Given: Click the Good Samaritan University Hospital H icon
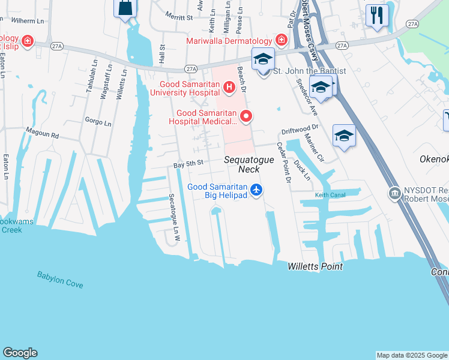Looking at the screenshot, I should click(228, 88).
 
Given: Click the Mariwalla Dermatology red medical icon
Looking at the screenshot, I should click(281, 40).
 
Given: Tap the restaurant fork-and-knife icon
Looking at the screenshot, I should click(376, 14).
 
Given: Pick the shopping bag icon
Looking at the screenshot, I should click(125, 8).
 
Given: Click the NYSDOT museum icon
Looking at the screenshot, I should click(394, 193).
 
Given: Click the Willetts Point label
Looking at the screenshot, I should click(315, 266).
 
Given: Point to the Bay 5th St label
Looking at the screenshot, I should click(189, 163).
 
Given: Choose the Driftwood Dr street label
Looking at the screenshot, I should click(300, 128).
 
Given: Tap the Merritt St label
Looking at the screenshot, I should click(179, 18).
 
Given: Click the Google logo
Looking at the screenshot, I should click(20, 353).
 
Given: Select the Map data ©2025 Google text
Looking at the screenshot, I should click(411, 355).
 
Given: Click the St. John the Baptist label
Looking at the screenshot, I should click(310, 71).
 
